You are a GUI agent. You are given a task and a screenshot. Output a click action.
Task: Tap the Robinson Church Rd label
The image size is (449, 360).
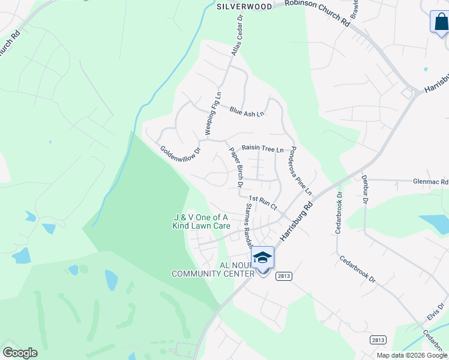pos(317,13)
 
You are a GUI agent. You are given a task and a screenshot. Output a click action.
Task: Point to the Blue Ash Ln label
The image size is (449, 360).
pos(246,111)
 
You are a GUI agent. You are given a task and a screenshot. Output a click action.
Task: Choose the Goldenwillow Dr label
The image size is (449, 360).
pos(180,157)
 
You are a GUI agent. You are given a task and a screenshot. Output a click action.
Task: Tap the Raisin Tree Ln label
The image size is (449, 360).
pos(262,148)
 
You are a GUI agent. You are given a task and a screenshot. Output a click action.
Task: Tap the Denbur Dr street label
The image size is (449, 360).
pos(364,189)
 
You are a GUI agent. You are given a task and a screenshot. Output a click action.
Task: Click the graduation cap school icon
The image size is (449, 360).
pos(263,257)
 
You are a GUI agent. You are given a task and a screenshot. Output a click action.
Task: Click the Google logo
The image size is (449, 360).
pos(20,353)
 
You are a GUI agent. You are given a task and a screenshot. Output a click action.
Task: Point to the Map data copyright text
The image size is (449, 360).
pos(411,355)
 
